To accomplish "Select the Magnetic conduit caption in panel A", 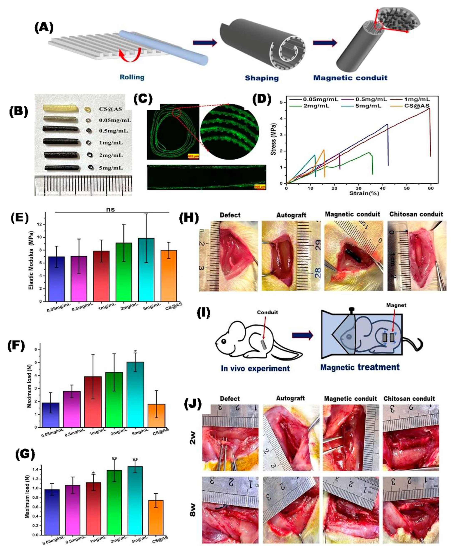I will [350, 78].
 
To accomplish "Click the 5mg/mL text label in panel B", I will [111, 168].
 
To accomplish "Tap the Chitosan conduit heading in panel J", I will [409, 398].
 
